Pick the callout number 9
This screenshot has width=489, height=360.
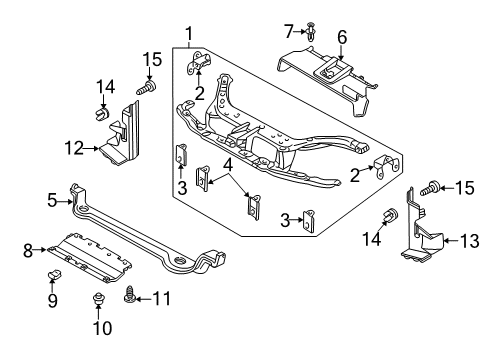(x=53, y=299)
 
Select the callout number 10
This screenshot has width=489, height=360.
(x=99, y=327)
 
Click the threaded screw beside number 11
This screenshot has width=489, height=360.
(x=130, y=296)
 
